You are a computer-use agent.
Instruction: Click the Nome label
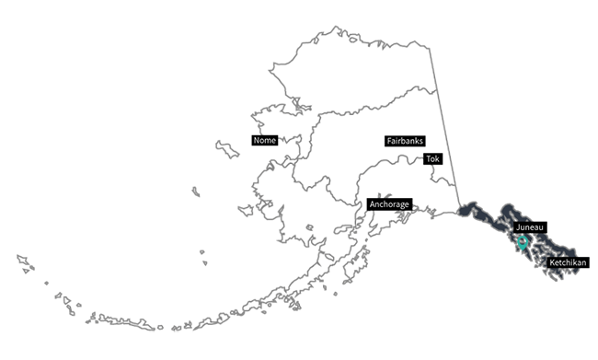264,141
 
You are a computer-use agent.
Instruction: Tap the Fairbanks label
405,141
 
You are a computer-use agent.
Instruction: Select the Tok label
433,159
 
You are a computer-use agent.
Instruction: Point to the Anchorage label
388,203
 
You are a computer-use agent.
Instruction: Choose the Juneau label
531,226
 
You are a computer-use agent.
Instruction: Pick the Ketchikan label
568,263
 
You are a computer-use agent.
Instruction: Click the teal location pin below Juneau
523,243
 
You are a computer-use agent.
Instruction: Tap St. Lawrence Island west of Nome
226,147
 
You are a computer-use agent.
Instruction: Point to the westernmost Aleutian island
20,258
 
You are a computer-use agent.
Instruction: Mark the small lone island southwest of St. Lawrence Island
195,191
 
